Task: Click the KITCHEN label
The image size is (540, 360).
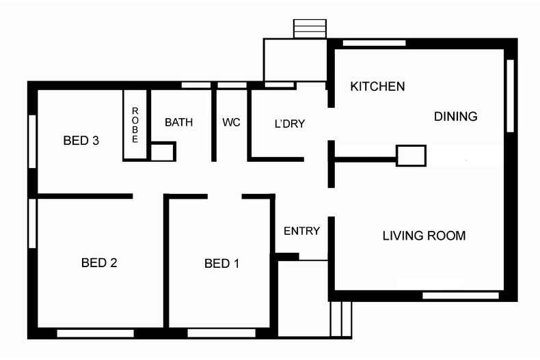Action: pos(377,87)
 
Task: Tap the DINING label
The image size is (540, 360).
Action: pos(455,117)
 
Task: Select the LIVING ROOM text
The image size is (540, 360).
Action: pos(424,236)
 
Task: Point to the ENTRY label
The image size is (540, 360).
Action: pos(301,231)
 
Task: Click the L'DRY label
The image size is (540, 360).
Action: pos(289,124)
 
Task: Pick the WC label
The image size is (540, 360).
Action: pos(231,123)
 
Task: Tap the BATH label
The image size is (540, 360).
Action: pos(178,123)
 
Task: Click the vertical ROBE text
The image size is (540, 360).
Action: pos(135,125)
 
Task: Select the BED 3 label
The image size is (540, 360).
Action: pos(81,141)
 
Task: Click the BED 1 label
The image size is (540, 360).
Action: pos(221,264)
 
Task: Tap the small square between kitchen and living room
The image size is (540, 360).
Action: pos(411,156)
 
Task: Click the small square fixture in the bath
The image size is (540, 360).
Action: pos(162,152)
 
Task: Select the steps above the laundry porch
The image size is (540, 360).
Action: pos(310,29)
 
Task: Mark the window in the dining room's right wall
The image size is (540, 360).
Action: pos(509,96)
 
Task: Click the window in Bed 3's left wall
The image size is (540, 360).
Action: pos(31,141)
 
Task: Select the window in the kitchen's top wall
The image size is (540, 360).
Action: pos(373,43)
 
